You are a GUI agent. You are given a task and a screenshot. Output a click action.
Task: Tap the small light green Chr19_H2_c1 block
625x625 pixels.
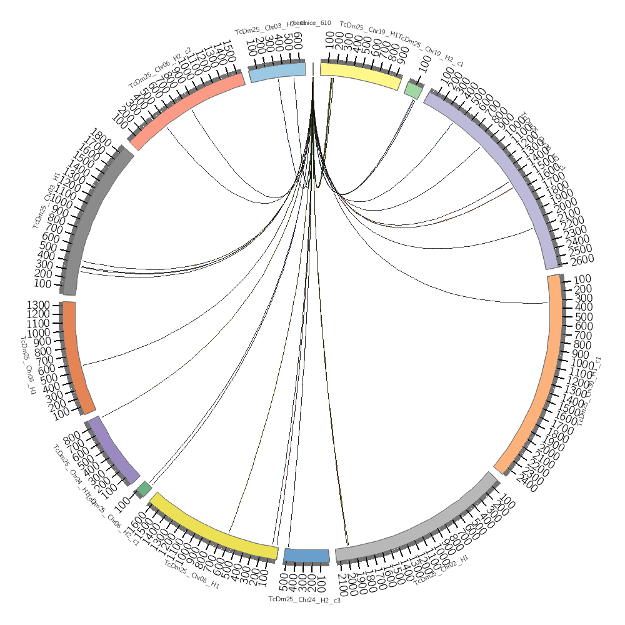(413, 90)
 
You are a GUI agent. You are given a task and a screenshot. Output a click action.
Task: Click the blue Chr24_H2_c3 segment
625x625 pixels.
(306, 556)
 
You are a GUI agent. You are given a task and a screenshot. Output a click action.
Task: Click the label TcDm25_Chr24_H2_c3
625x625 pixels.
(304, 599)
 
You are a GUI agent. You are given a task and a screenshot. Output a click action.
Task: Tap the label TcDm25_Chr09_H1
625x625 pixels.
(29, 366)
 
